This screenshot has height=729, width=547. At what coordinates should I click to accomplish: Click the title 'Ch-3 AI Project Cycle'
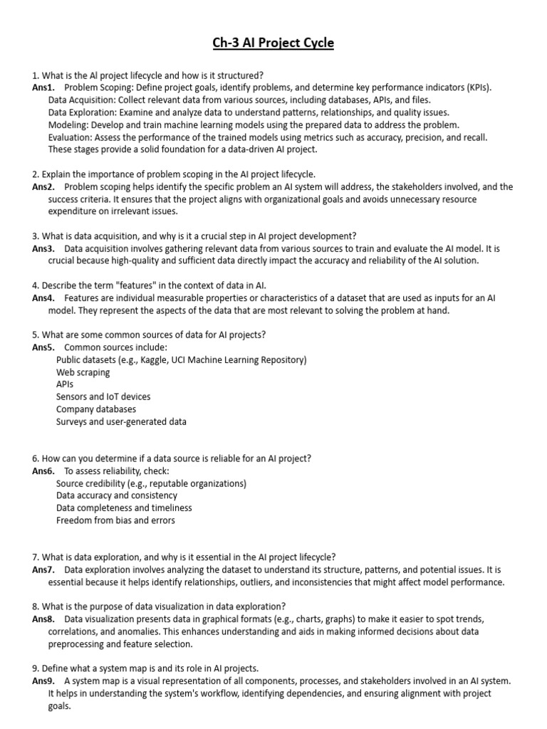click(x=273, y=43)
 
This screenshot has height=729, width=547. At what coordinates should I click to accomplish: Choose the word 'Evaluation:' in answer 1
click(x=73, y=137)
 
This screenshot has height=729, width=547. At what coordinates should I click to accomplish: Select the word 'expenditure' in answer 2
click(x=73, y=211)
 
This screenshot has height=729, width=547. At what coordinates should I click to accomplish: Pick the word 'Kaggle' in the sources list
click(x=156, y=360)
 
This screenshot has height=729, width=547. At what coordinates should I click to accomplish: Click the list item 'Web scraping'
click(x=83, y=372)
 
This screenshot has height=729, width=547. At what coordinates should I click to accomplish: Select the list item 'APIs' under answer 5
click(x=65, y=384)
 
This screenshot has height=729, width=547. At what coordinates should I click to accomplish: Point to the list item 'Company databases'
click(x=96, y=409)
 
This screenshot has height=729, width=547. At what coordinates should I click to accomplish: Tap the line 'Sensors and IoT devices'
click(x=103, y=397)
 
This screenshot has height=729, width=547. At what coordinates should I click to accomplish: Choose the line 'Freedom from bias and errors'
click(x=115, y=520)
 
